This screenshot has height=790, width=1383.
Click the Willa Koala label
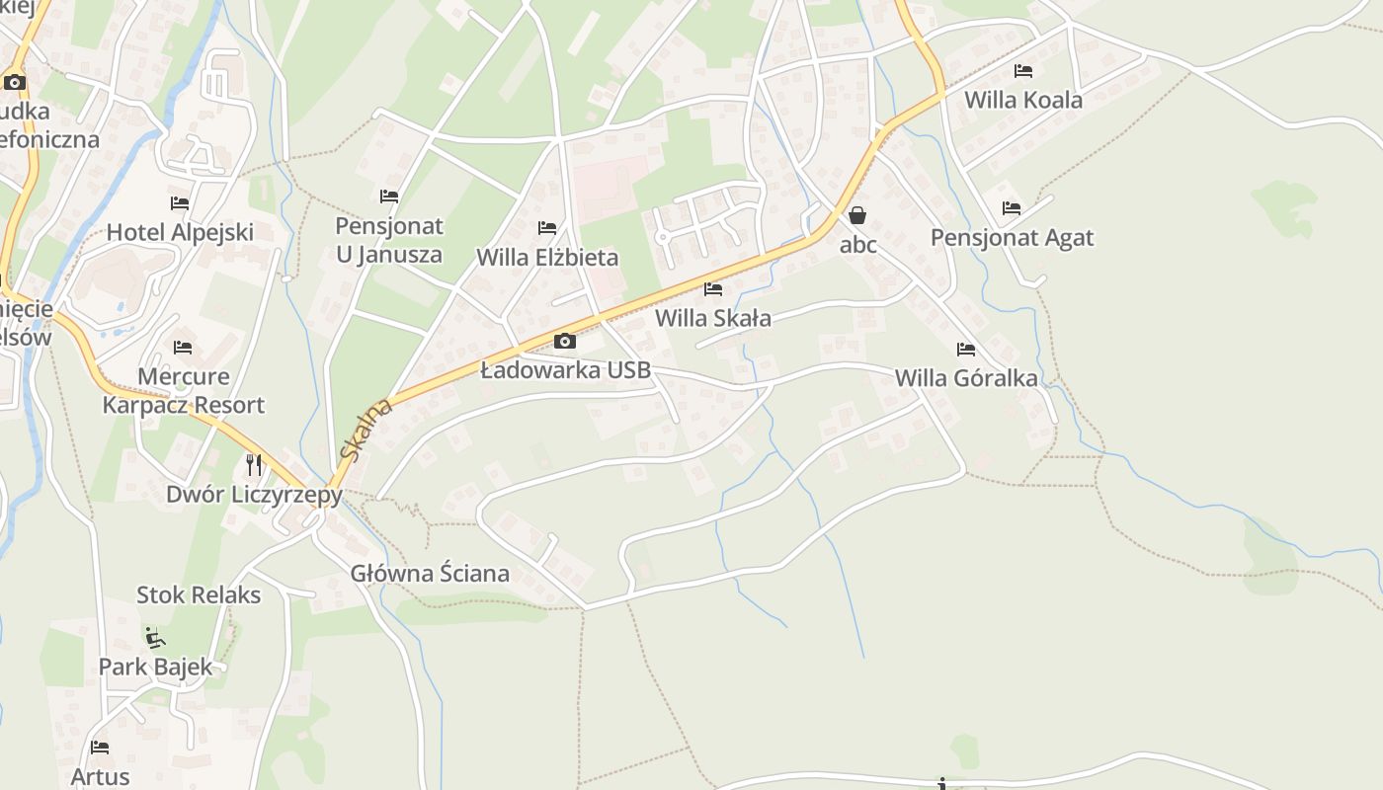click(1022, 100)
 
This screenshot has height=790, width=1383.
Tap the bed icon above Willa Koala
click(1023, 71)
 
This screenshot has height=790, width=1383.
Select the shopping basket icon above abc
click(857, 215)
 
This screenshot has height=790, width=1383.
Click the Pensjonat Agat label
click(1012, 238)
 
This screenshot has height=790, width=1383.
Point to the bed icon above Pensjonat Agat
click(1012, 208)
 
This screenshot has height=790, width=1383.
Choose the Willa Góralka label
click(966, 378)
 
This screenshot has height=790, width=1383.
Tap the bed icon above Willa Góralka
click(966, 350)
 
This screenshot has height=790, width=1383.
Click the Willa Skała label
click(713, 318)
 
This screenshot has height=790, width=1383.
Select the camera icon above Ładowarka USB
click(565, 342)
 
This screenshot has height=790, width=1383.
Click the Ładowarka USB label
click(565, 370)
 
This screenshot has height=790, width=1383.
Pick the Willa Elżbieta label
click(547, 258)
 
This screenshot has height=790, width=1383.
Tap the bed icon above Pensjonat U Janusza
click(389, 197)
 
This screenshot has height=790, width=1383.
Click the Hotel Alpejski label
click(180, 233)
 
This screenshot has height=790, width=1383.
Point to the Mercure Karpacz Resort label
click(183, 391)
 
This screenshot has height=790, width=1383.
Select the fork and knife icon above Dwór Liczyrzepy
click(254, 464)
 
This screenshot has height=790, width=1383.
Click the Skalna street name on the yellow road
click(365, 430)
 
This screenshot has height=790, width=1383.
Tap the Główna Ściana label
click(430, 574)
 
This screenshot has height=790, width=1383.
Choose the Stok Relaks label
click(199, 595)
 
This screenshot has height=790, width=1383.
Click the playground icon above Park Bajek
click(154, 637)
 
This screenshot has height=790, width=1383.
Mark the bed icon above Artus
click(100, 748)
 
